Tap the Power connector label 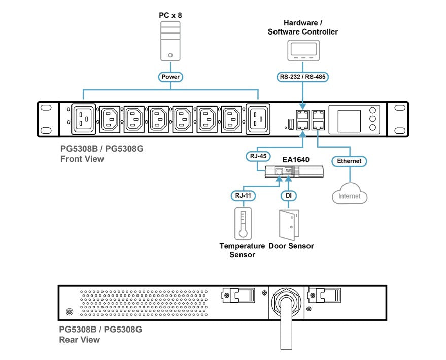pos(170,77)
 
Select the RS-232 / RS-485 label pos(303,77)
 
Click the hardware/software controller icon pos(303,51)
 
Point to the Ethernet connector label pos(350,161)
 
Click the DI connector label pos(289,195)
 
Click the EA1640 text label pos(296,159)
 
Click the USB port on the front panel pos(290,123)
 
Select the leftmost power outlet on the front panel pos(84,119)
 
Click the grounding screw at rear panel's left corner pos(70,311)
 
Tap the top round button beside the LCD pos(373,110)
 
